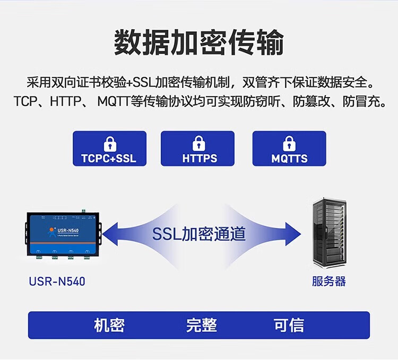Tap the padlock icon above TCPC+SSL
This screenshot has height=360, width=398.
point(109,144)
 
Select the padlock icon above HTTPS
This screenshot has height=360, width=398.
point(199,144)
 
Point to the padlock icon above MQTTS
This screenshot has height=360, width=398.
point(289,144)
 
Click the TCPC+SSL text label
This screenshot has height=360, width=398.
point(109,158)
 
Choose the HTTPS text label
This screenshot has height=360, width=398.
point(200,158)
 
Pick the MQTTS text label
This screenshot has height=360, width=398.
point(289,158)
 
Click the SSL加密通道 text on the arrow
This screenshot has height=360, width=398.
point(199,233)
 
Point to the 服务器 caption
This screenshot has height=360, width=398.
point(329,281)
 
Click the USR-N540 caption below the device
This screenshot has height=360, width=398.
point(57,281)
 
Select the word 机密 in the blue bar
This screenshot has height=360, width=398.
point(109,325)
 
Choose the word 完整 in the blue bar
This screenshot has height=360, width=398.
point(201,325)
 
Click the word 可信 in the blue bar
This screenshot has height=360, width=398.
point(289,325)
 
